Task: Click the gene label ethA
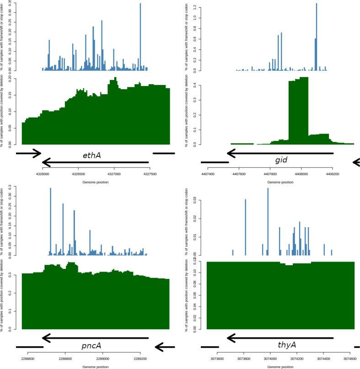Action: [x=92, y=156]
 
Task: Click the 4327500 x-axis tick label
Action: [x=150, y=174]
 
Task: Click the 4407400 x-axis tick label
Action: [x=208, y=174]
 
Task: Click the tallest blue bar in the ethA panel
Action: [x=140, y=37]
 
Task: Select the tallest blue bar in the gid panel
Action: [x=316, y=37]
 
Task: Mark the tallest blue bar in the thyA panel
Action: [x=268, y=222]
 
